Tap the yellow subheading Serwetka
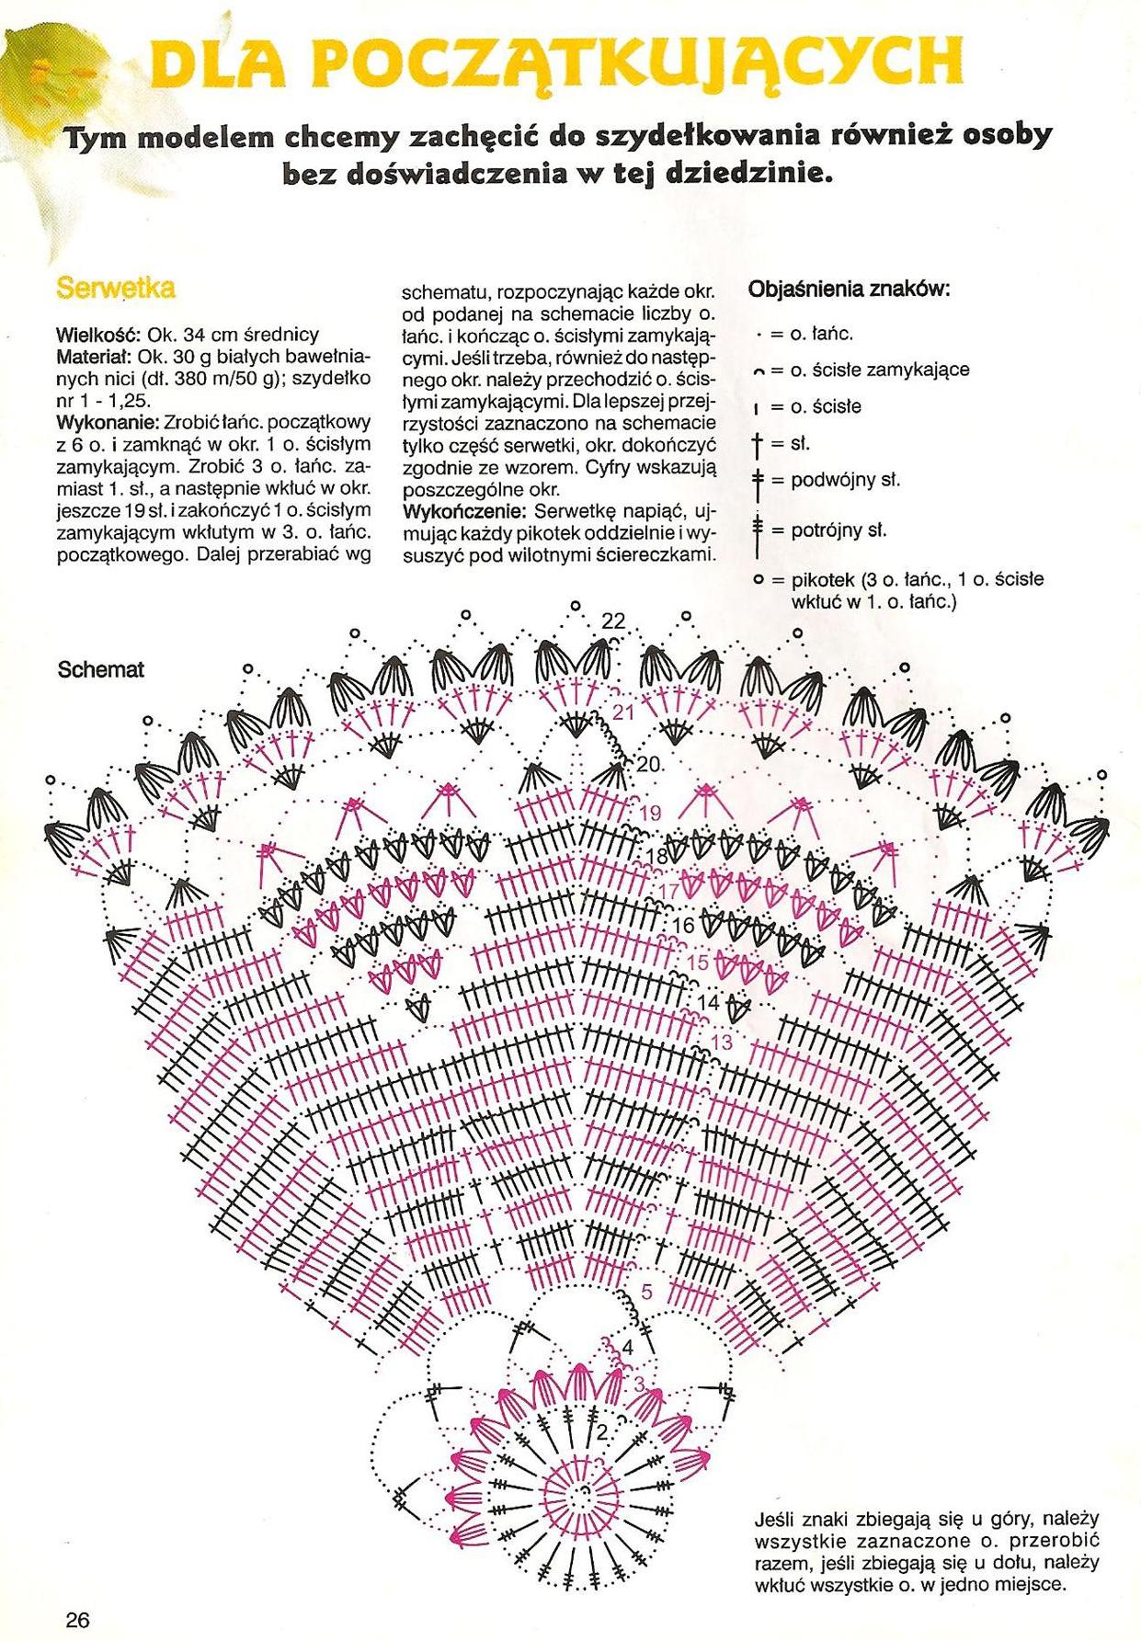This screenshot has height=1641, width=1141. pos(116,288)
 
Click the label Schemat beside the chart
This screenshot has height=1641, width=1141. pos(101,670)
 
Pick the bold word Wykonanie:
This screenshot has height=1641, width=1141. pos(107,423)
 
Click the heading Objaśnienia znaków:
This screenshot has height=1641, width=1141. pos(850,290)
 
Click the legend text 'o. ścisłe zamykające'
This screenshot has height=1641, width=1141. pos(880,370)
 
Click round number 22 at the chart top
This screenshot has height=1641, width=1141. pos(613,622)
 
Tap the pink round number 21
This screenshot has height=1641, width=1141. pos(624,712)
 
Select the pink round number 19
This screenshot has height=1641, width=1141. pos(650,813)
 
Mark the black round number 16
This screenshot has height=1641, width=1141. pos(684,925)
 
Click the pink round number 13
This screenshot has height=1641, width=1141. pos(722,1043)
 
